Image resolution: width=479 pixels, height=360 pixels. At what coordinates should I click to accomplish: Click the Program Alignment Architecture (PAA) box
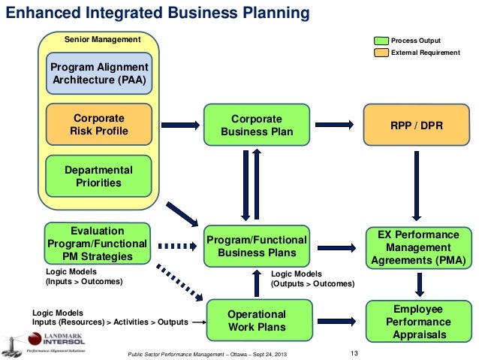click(x=98, y=73)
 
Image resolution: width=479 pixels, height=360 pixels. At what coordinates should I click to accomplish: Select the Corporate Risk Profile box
click(x=98, y=126)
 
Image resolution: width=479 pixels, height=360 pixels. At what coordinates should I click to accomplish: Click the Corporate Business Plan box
click(x=256, y=126)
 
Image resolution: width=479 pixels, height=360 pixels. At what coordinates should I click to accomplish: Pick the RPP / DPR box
click(x=416, y=126)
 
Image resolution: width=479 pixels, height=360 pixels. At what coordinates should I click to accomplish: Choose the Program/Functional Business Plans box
click(x=256, y=246)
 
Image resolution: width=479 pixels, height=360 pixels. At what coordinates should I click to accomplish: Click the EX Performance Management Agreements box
click(x=417, y=247)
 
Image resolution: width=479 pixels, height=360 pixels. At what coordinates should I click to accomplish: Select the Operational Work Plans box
click(x=256, y=321)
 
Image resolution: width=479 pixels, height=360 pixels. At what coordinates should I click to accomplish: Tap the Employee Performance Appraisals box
click(x=417, y=321)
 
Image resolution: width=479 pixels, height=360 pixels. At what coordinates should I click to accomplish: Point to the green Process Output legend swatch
click(x=381, y=40)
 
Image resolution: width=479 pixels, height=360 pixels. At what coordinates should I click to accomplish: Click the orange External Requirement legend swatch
click(x=381, y=52)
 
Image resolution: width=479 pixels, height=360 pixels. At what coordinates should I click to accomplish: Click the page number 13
click(x=356, y=353)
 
